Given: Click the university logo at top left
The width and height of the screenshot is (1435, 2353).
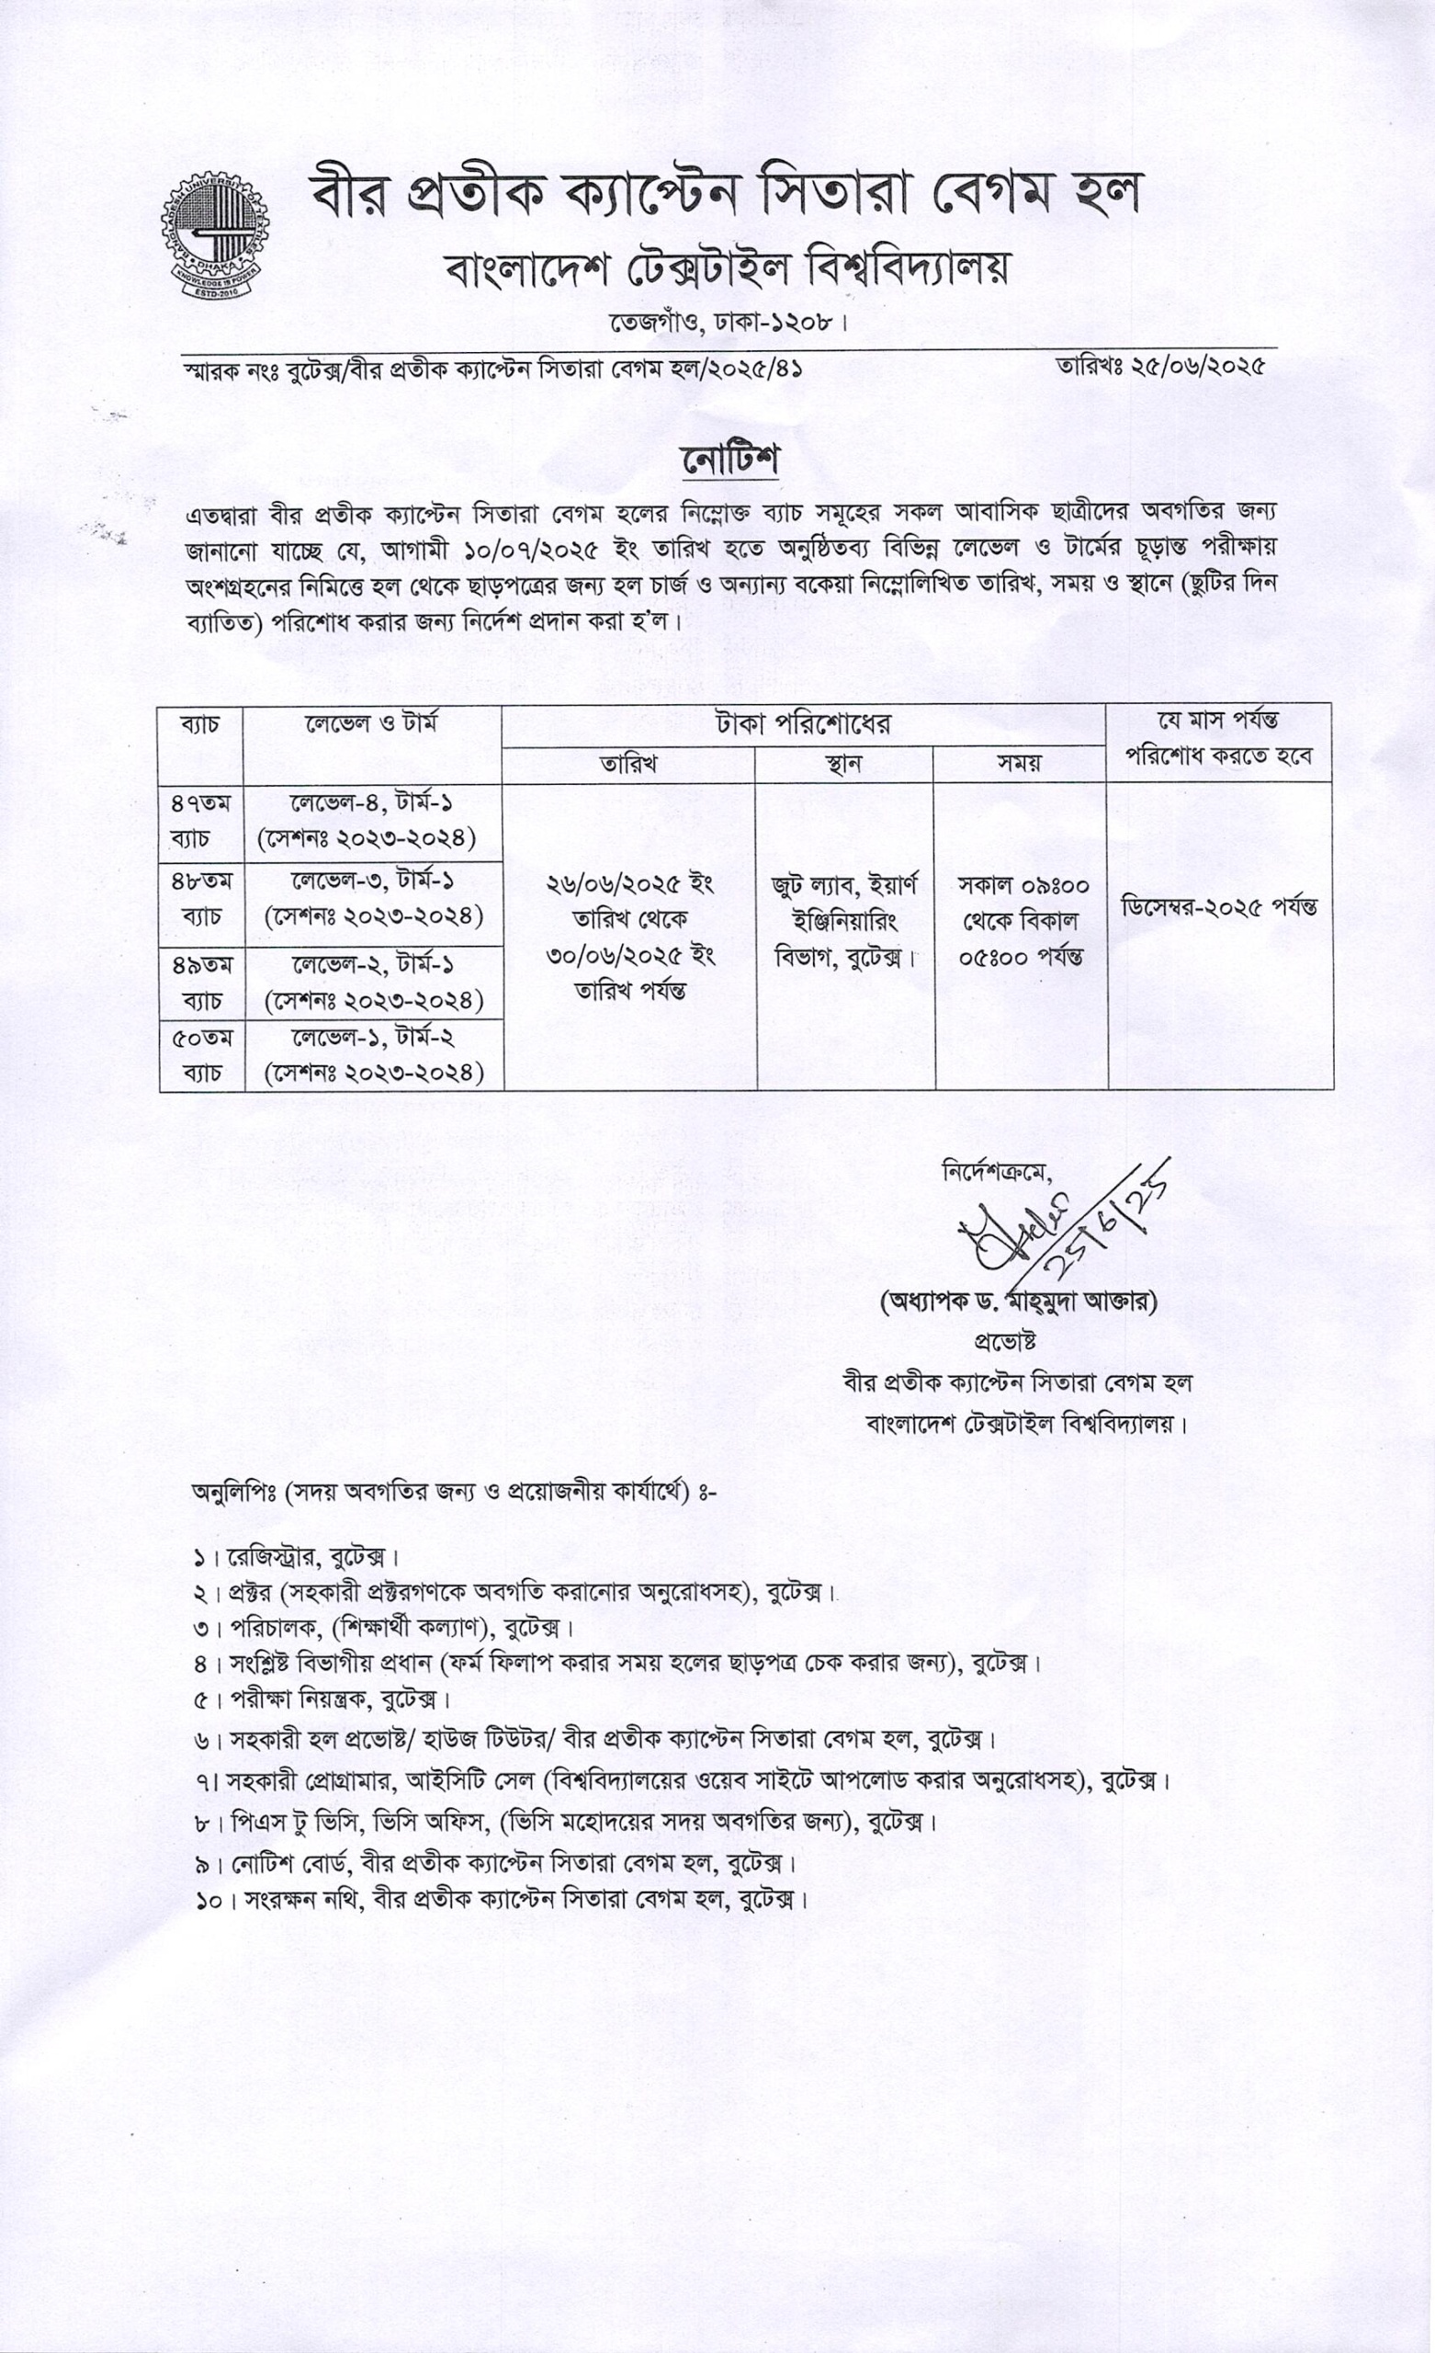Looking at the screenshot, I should (214, 235).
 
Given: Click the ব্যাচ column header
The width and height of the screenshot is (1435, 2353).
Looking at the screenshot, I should (200, 725).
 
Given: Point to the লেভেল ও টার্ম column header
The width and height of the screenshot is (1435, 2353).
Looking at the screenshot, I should (371, 725).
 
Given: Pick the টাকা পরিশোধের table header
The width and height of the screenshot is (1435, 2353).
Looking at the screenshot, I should (803, 725).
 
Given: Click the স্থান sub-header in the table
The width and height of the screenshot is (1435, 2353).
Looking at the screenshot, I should (843, 764).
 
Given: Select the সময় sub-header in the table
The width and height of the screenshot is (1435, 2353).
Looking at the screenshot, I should (1019, 764).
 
